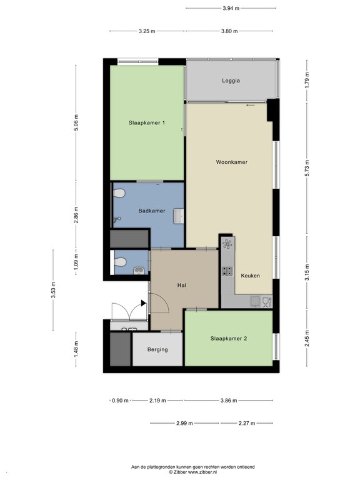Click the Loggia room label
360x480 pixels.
pos(231,81)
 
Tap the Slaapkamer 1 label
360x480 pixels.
pos(147,122)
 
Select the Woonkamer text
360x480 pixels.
pos(232,162)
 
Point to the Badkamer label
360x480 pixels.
pos(151,211)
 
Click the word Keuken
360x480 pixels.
pos(251,276)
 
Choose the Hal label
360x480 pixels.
pos(182,285)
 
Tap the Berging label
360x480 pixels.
pos(157,349)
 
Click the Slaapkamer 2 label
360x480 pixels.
pos(229,339)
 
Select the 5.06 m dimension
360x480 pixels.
pos(76,122)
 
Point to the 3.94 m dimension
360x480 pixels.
pos(231,8)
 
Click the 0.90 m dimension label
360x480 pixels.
pos(120,401)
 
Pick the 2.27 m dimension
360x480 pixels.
pos(247,423)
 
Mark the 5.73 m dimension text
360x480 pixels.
pos(307,168)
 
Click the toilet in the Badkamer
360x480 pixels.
pos(119,194)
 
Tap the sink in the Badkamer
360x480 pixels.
pos(179,216)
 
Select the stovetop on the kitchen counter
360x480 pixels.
pos(227,271)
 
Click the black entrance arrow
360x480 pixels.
pos(143,303)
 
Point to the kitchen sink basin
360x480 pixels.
pos(255,301)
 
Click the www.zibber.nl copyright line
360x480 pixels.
pos(193,472)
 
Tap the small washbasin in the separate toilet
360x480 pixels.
pos(139,271)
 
